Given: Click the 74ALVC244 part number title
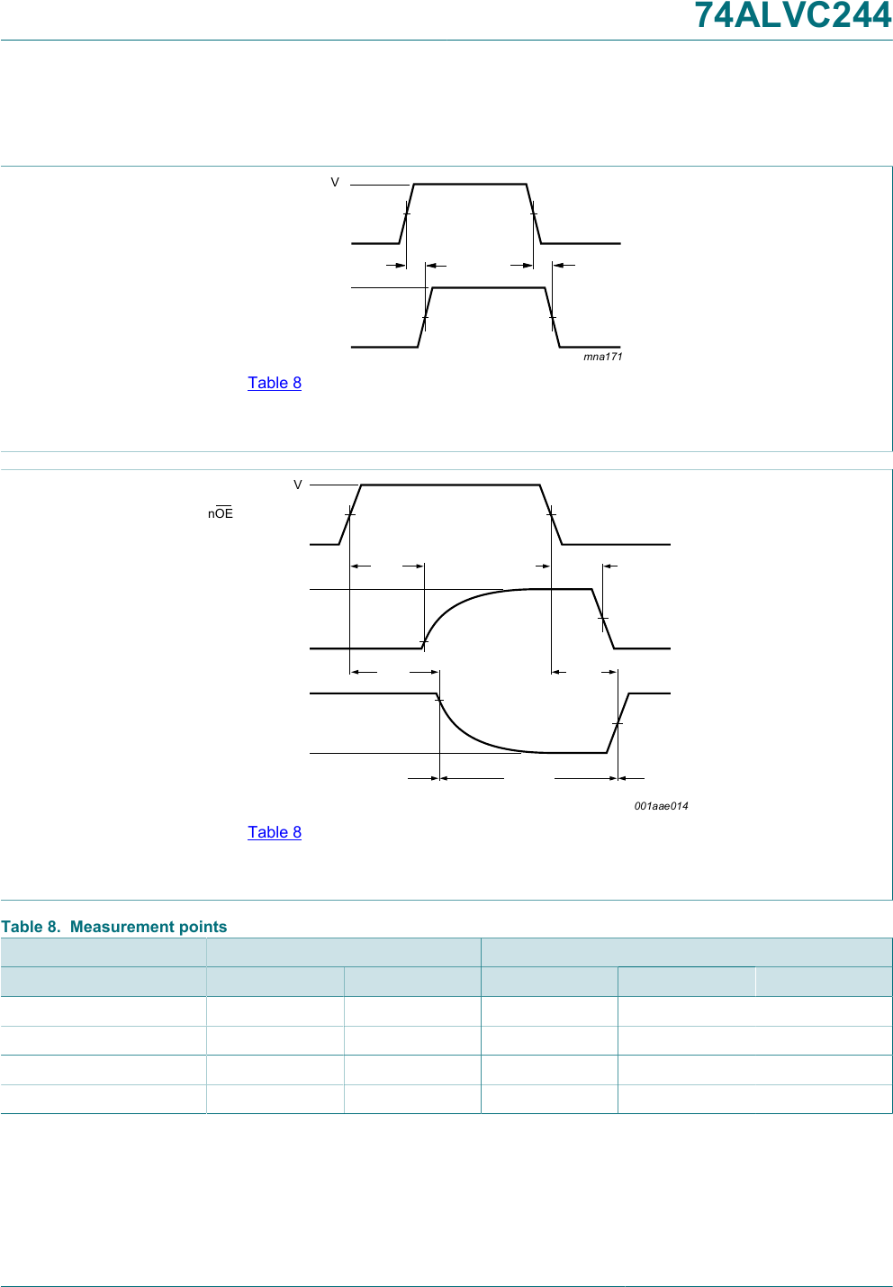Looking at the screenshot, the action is click(x=793, y=15).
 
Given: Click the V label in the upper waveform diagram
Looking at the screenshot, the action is click(x=335, y=182).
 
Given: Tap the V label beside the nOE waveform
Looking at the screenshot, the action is click(x=297, y=485).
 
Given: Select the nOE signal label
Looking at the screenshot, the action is click(x=221, y=512).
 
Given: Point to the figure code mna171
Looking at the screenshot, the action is click(x=603, y=357).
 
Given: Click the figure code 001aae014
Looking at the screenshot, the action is click(x=661, y=806).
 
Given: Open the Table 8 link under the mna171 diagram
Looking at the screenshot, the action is click(x=275, y=383).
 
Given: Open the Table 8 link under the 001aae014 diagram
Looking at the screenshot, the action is click(x=275, y=832).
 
